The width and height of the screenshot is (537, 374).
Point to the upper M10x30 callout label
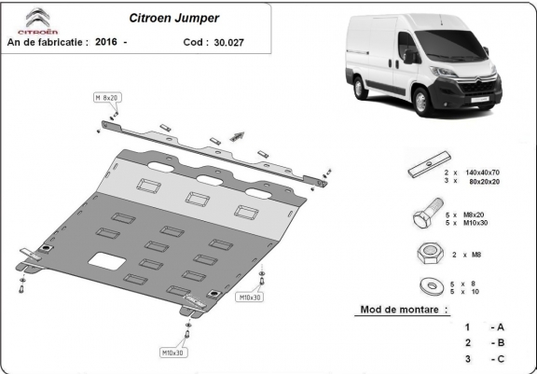249,297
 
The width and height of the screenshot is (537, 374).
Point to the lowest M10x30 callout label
172,353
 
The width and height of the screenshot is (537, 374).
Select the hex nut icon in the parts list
425,254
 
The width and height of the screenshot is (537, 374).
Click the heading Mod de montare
404,309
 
